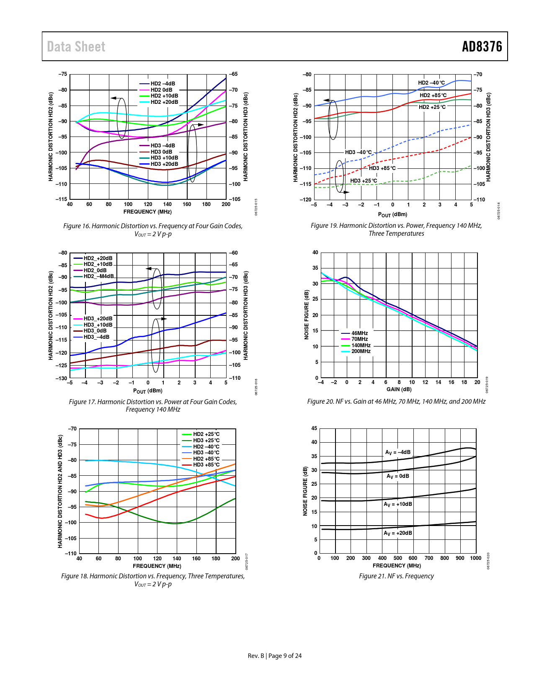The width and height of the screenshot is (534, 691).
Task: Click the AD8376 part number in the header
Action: point(482,46)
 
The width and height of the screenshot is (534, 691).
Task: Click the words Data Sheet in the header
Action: point(76,46)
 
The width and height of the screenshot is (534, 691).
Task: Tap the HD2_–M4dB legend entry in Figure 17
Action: point(98,276)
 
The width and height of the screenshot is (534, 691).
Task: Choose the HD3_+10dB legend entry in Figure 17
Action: point(98,325)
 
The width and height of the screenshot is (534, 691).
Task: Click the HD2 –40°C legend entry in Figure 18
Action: point(206,447)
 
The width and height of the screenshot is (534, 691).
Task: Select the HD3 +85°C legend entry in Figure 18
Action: point(206,465)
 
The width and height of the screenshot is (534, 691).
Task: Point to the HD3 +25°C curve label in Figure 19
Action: point(364,181)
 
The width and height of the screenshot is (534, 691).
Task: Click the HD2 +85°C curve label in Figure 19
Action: point(433,95)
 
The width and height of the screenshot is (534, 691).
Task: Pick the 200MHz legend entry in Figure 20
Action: point(361,351)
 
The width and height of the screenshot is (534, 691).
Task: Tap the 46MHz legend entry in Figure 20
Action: point(359,333)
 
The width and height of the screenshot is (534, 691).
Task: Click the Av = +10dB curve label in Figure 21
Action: point(398,504)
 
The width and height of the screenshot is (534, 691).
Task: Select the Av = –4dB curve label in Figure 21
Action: point(398,453)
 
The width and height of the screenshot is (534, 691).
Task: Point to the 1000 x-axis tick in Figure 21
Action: point(475,558)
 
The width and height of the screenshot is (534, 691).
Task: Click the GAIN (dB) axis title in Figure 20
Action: point(399,389)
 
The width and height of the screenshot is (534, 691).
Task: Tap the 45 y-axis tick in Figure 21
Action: point(314,428)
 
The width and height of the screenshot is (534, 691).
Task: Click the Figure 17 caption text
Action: point(153,405)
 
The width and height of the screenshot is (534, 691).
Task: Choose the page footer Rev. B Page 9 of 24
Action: point(274,656)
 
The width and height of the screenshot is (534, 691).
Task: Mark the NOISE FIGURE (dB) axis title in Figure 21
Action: point(305,491)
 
